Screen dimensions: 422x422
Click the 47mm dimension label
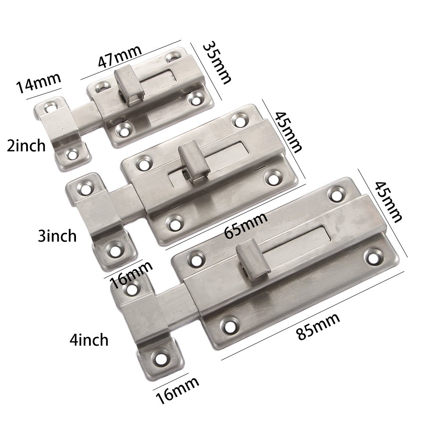tap(119, 57)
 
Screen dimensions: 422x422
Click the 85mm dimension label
tap(318, 325)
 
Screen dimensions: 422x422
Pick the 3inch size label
tap(57, 235)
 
